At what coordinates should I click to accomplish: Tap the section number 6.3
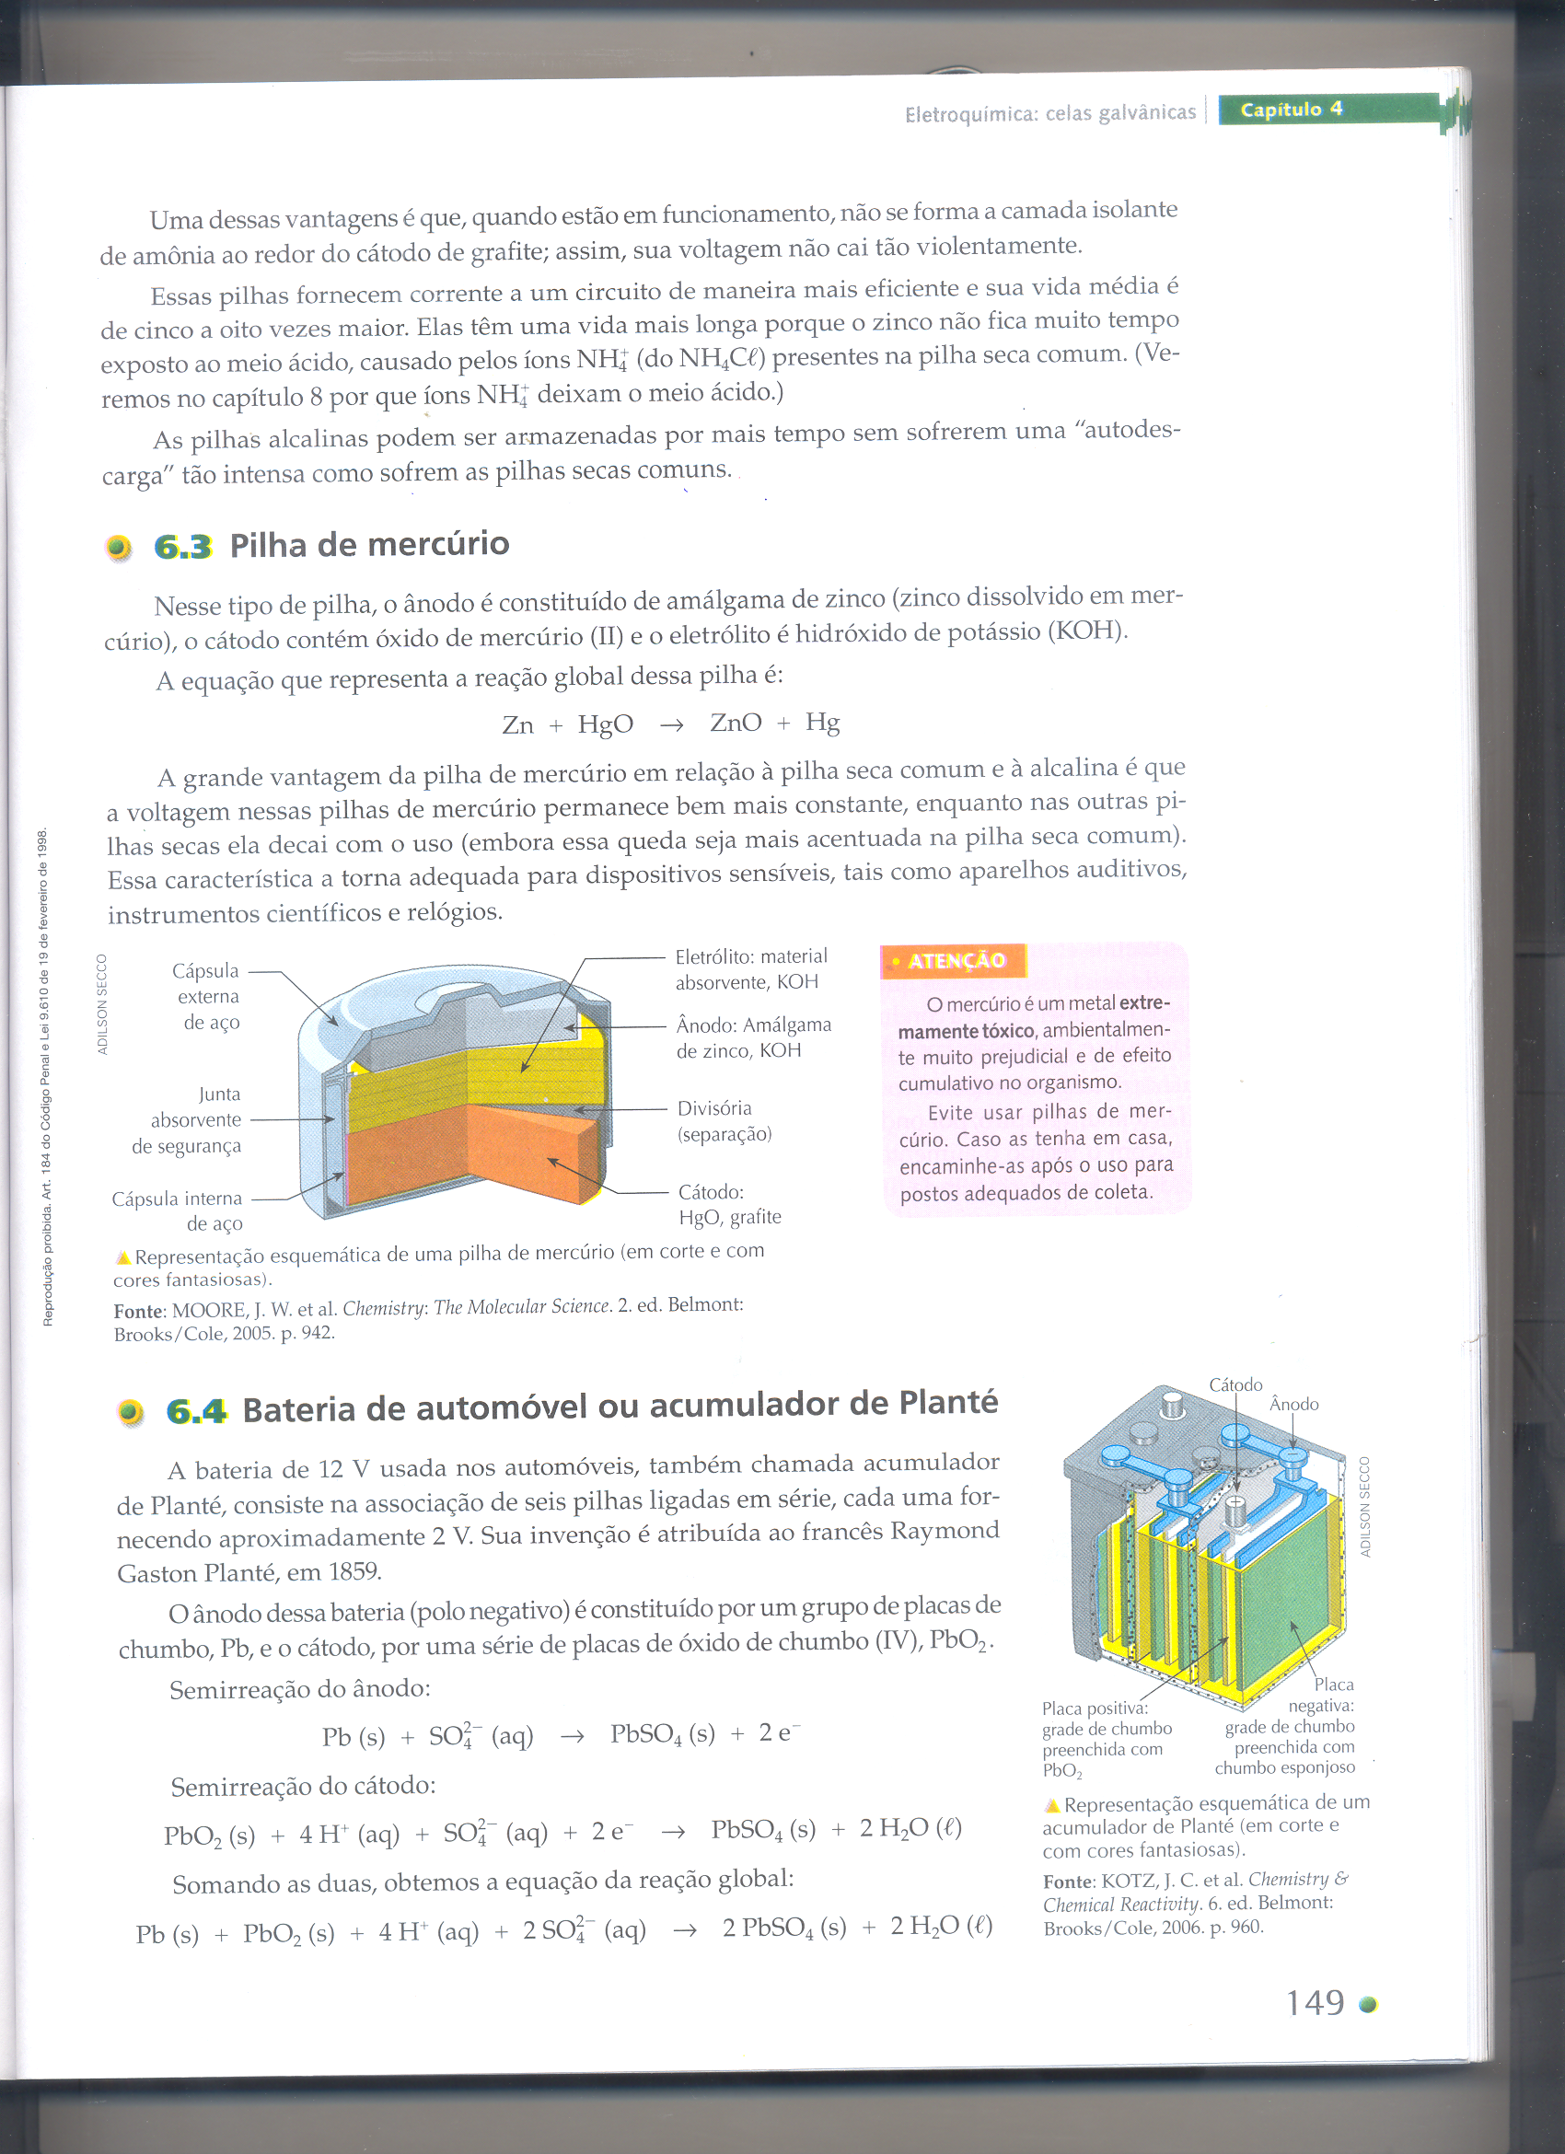pos(182,546)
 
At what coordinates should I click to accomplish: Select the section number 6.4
pos(195,1411)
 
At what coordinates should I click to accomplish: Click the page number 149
pos(1315,2002)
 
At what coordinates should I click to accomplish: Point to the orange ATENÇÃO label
pos(954,960)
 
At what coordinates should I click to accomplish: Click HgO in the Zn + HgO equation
pos(605,724)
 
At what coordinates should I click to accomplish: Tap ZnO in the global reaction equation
pos(735,723)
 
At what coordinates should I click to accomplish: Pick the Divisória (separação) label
pos(723,1120)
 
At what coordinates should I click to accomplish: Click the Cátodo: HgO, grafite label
pos(728,1204)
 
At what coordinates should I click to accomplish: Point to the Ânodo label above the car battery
pos(1293,1404)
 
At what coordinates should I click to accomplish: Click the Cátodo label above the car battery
pos(1235,1384)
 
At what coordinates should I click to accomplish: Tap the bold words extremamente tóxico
pos(1035,1017)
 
